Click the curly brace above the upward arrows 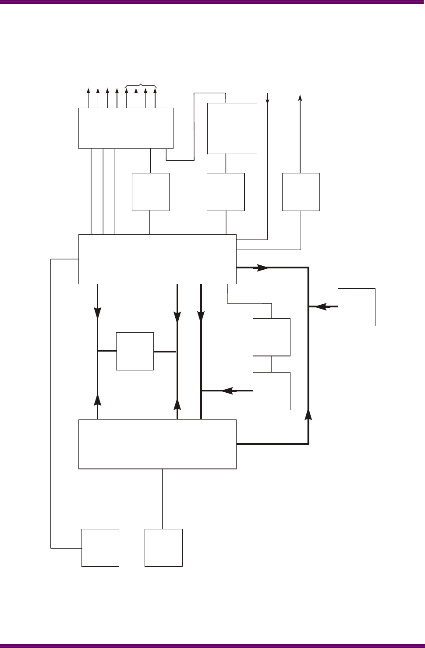coord(141,85)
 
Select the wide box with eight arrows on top coord(126,128)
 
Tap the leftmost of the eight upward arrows coord(88,91)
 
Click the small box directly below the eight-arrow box coord(151,192)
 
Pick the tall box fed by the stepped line coord(232,128)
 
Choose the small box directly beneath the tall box coord(226,192)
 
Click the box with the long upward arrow coord(301,192)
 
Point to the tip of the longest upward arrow coord(300,96)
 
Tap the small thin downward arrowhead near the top coord(267,101)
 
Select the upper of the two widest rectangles coord(157,259)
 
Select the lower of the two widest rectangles coord(157,444)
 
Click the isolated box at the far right coord(356,307)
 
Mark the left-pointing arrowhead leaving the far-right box coord(321,307)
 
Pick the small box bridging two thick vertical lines coord(135,351)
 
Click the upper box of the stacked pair coord(272,337)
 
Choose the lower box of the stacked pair coord(272,391)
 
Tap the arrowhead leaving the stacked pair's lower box coord(227,391)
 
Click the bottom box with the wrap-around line coord(100,548)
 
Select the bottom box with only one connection coord(163,548)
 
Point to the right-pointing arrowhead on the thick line coord(262,268)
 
